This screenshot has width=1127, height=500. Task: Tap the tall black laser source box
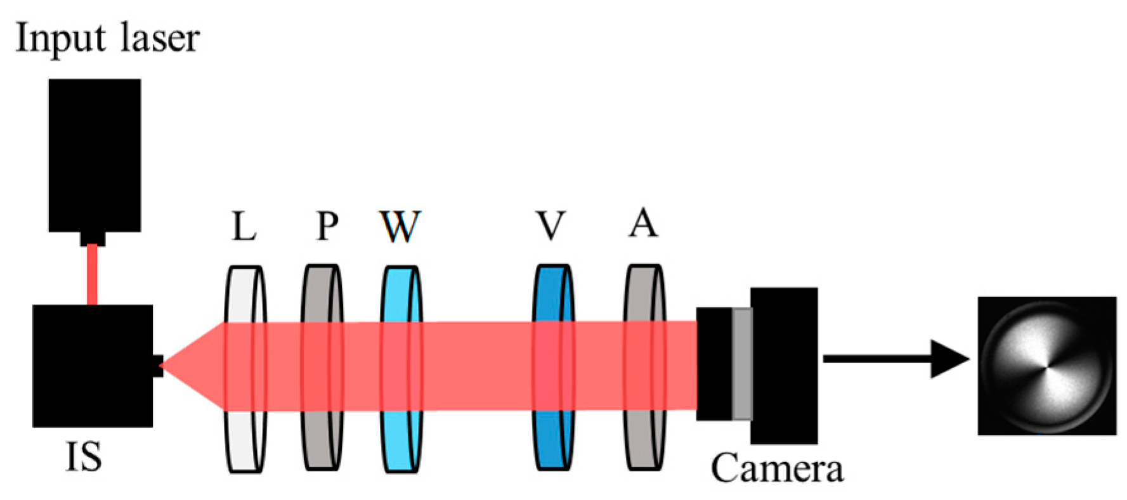[x=94, y=155]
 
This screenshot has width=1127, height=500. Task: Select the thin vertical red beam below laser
[x=92, y=274]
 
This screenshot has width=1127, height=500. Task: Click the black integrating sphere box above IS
[x=92, y=366]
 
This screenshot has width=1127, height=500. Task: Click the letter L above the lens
[x=244, y=226]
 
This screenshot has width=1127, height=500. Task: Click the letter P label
[x=327, y=226]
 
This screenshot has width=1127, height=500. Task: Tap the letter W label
[x=400, y=226]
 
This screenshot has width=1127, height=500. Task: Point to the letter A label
[x=643, y=223]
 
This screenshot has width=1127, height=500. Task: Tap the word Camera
[x=777, y=469]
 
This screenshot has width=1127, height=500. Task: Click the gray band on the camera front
[x=742, y=364]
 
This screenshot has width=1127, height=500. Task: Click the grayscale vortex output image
[x=1046, y=366]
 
